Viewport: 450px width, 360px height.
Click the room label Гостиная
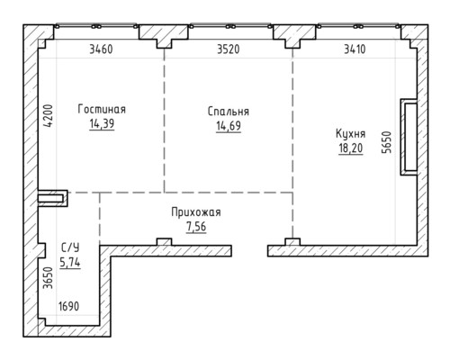(102, 109)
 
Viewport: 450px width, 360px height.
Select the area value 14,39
(102, 123)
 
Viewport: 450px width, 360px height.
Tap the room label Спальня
(229, 112)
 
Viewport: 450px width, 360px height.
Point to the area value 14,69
(229, 126)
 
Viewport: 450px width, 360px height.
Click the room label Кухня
(350, 134)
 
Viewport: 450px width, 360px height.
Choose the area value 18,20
(351, 148)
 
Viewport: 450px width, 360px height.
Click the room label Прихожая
(196, 212)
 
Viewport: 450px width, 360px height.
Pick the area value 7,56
(196, 227)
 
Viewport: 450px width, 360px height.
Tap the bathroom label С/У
(70, 248)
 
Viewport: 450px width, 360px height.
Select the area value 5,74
(70, 263)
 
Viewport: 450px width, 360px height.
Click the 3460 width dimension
(101, 49)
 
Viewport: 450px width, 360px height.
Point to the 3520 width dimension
(229, 49)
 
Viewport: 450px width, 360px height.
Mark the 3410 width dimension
(355, 49)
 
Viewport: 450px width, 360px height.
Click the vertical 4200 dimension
(48, 116)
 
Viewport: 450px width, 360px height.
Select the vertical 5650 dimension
(386, 142)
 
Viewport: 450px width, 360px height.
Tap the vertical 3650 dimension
(48, 278)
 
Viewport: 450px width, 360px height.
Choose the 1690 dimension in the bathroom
(69, 307)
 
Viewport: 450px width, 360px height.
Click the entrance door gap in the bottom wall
(249, 251)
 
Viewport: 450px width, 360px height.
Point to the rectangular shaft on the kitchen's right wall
(409, 137)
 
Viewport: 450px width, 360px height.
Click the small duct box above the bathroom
(52, 198)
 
